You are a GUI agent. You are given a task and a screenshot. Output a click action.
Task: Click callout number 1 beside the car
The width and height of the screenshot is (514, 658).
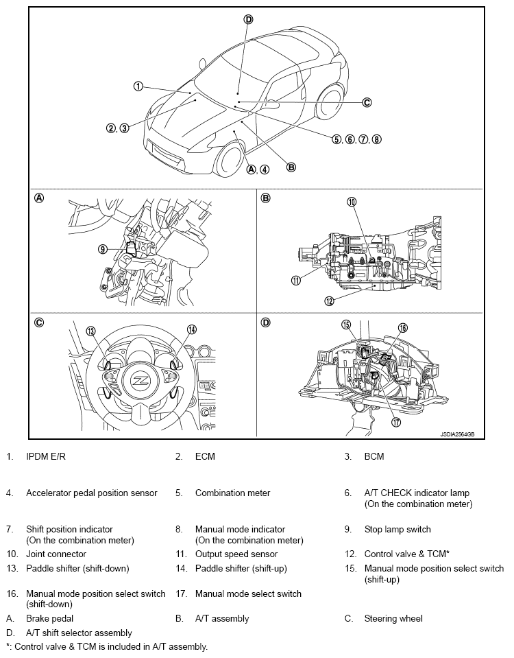click(x=138, y=86)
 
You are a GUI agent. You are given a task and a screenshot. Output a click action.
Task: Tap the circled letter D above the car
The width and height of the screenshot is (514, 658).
click(x=248, y=19)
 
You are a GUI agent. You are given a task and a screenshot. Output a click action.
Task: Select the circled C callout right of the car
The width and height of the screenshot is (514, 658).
click(x=367, y=102)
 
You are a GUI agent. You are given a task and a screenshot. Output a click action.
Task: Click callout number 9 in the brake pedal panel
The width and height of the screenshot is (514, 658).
click(x=103, y=249)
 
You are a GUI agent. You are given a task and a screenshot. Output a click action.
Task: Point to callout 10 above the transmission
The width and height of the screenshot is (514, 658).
click(x=352, y=202)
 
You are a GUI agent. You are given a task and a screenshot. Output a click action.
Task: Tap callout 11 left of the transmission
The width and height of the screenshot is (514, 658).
click(x=296, y=281)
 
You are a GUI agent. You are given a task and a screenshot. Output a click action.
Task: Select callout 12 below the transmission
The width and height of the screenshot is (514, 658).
click(x=329, y=301)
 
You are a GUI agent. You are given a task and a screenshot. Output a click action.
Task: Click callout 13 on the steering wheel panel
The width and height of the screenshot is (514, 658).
click(x=91, y=331)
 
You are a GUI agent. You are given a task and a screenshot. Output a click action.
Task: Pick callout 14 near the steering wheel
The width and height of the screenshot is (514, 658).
click(x=191, y=329)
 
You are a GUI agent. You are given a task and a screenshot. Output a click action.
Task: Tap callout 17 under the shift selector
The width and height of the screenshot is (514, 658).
click(x=395, y=422)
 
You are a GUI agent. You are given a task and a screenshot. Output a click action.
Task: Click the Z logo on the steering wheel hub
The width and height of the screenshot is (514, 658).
click(x=137, y=381)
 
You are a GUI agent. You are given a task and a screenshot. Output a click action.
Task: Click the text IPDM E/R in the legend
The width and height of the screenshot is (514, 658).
click(x=46, y=456)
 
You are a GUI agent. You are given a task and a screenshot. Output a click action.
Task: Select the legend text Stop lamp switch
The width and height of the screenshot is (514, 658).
click(x=397, y=529)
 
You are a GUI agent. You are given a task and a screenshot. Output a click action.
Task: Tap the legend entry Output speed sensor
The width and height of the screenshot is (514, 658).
click(x=236, y=554)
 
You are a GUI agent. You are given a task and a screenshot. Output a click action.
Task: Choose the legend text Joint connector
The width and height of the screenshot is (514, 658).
click(x=56, y=554)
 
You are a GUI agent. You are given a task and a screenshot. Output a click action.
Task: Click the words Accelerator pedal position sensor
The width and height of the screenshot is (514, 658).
click(x=92, y=493)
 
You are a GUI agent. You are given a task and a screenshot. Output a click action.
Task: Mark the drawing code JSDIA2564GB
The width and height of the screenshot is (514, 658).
click(x=457, y=435)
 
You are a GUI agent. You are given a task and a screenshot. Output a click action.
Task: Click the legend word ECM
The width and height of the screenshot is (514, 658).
click(x=205, y=456)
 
